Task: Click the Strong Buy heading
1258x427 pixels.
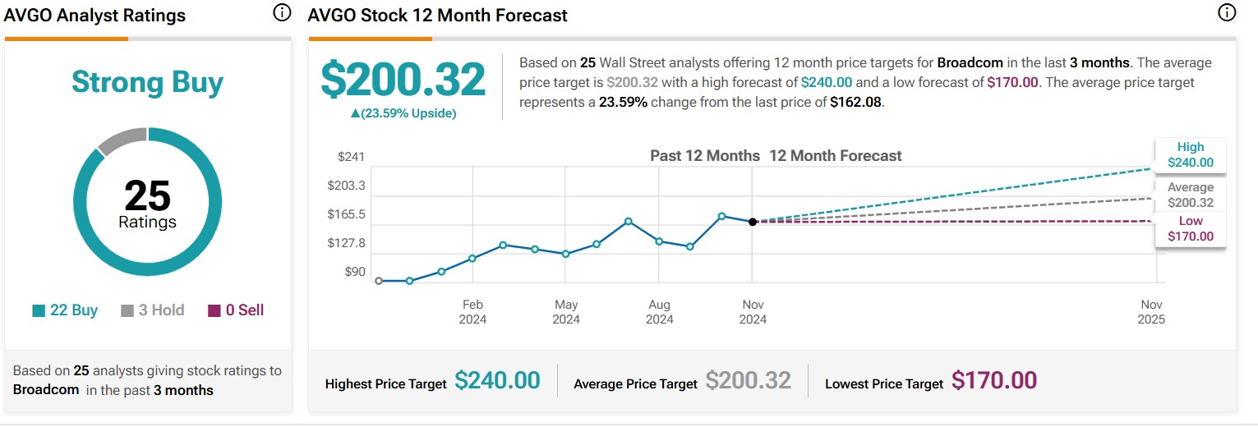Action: [147, 82]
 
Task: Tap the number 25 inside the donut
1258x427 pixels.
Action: [147, 196]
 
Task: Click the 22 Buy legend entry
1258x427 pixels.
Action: [65, 310]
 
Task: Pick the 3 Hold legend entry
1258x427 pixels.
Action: [152, 310]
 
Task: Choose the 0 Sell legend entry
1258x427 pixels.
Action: [236, 310]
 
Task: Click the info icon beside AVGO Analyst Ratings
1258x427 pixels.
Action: [282, 12]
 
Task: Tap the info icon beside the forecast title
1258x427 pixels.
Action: [1226, 12]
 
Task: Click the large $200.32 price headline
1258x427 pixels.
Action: [403, 80]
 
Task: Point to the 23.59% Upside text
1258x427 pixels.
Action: [403, 113]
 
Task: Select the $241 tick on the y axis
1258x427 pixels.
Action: [351, 157]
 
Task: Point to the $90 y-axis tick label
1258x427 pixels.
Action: [355, 272]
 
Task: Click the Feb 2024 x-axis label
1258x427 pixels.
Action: [472, 312]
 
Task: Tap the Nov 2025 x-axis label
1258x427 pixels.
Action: [1152, 312]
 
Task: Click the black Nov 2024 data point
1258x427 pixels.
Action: [753, 222]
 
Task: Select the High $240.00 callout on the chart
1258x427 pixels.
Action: [1190, 155]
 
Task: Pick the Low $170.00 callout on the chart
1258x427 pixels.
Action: [1190, 229]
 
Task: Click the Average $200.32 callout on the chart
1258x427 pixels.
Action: [1190, 195]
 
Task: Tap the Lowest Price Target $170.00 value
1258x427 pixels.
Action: [993, 381]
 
